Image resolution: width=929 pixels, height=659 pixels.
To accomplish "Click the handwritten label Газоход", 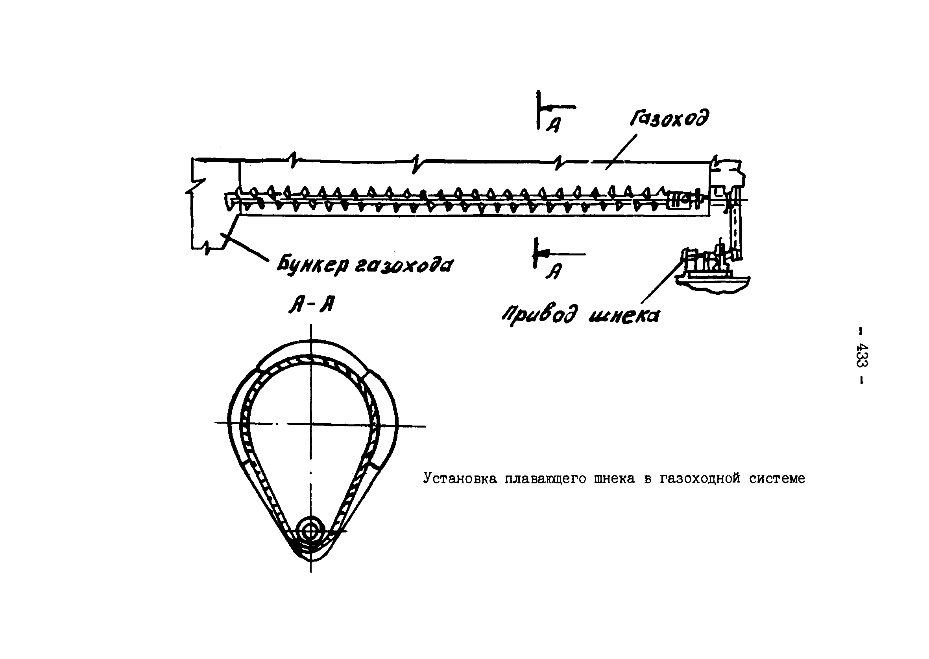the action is pyautogui.click(x=669, y=119).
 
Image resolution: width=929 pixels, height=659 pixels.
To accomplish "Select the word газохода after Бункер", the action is pyautogui.click(x=403, y=266).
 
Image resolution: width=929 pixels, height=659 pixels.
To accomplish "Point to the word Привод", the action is pyautogui.click(x=538, y=315).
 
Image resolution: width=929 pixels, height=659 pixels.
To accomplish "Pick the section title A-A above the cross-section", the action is pyautogui.click(x=311, y=304).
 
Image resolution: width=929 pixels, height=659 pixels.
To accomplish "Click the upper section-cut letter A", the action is pyautogui.click(x=553, y=125).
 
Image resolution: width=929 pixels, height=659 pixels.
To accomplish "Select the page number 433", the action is pyautogui.click(x=862, y=356).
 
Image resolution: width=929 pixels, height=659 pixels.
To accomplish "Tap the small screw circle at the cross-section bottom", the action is pyautogui.click(x=311, y=530).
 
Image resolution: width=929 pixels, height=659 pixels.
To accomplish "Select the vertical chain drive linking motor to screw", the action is pyautogui.click(x=736, y=231).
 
